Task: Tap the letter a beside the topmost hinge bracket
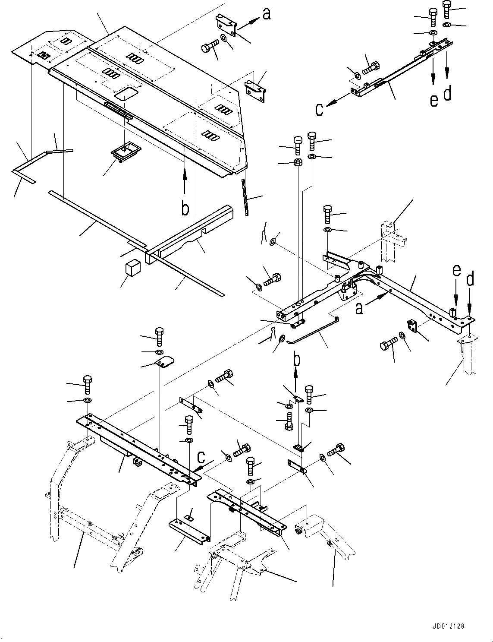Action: (267, 14)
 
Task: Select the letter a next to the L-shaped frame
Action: (359, 309)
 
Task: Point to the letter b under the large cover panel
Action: (185, 209)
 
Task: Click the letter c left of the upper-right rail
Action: (319, 109)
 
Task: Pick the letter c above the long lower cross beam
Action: (201, 457)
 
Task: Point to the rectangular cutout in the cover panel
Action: (127, 93)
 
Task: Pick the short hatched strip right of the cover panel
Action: (245, 198)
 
